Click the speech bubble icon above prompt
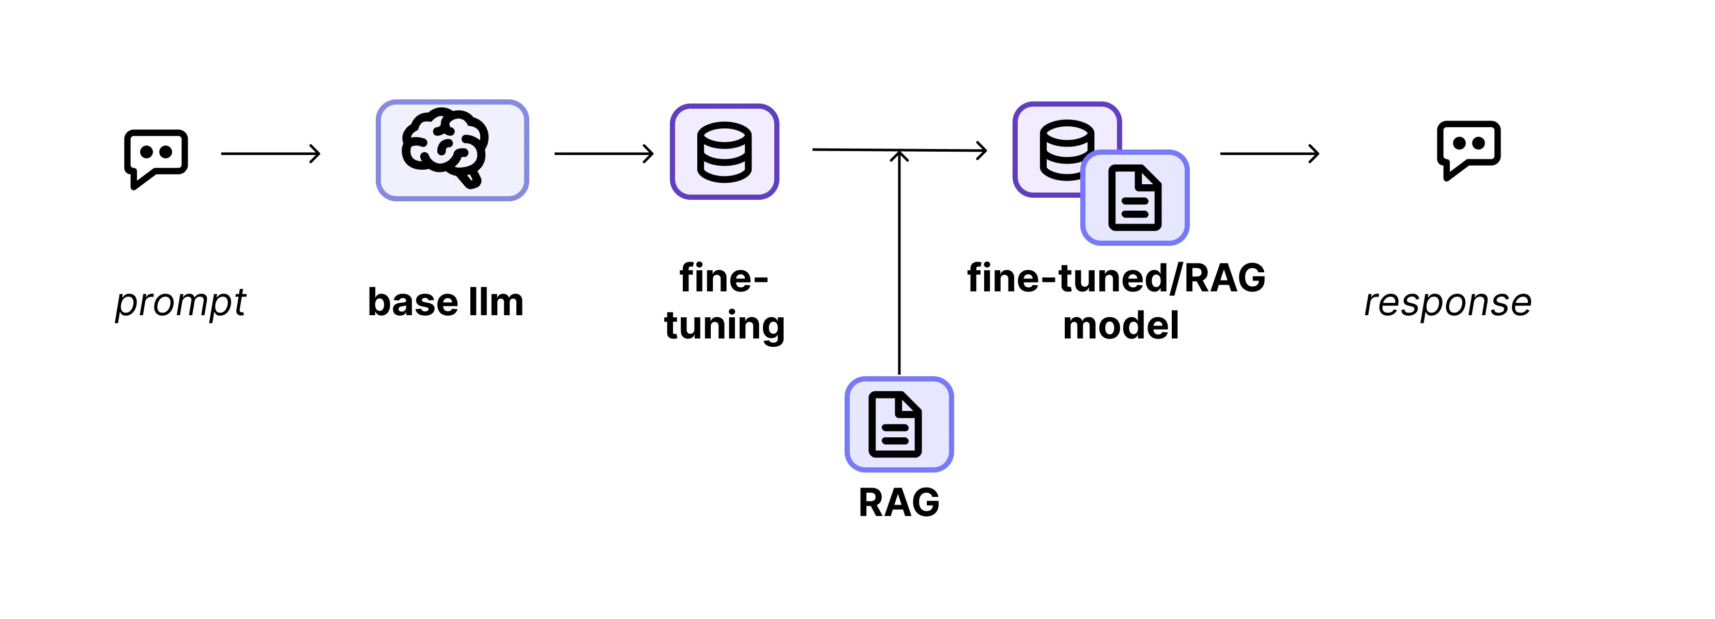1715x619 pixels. click(x=156, y=157)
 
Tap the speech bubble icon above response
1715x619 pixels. click(x=1468, y=148)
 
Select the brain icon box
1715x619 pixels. click(x=452, y=151)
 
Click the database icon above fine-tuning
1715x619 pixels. click(x=724, y=152)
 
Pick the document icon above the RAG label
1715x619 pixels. click(x=899, y=424)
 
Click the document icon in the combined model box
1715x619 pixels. click(x=1135, y=198)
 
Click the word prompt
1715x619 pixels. click(x=180, y=303)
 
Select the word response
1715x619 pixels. click(x=1447, y=303)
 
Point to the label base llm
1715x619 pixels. click(x=446, y=303)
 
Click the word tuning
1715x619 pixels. click(x=724, y=326)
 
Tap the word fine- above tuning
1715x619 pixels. click(x=724, y=278)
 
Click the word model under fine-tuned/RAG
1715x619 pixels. click(x=1121, y=326)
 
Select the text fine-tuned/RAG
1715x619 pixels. click(x=1116, y=278)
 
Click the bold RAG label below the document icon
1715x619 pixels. click(x=899, y=503)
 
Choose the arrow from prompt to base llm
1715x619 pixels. click(x=270, y=154)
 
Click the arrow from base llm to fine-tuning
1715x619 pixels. click(x=604, y=154)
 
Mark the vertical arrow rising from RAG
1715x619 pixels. click(x=899, y=267)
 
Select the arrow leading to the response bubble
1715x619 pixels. click(x=1269, y=154)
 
